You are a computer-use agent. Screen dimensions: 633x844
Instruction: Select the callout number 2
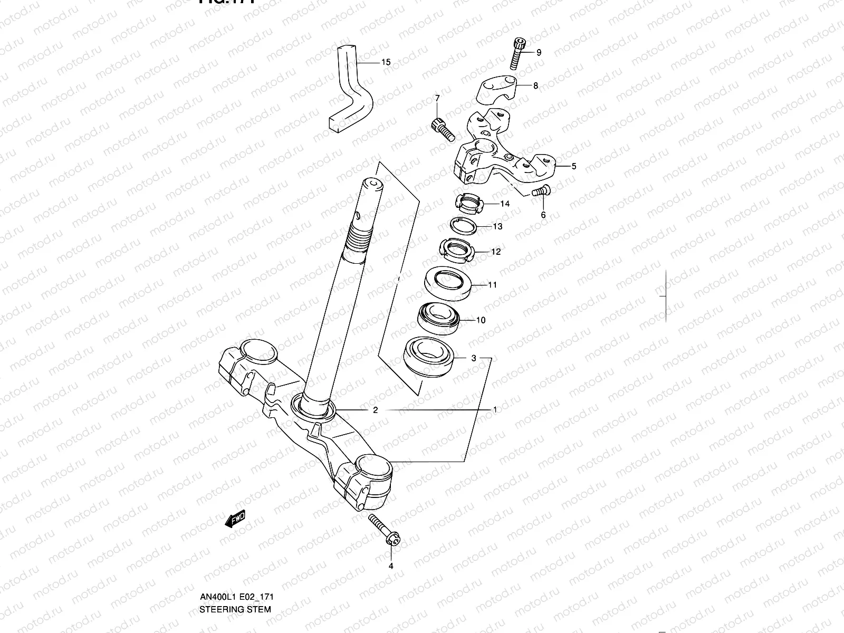(x=375, y=410)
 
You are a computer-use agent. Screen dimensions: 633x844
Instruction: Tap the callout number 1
(x=495, y=409)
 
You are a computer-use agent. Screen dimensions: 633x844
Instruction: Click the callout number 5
(x=574, y=166)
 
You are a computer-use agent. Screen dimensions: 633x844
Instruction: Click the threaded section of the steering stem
(x=359, y=238)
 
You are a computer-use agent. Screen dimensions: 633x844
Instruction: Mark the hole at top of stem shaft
(x=372, y=183)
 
